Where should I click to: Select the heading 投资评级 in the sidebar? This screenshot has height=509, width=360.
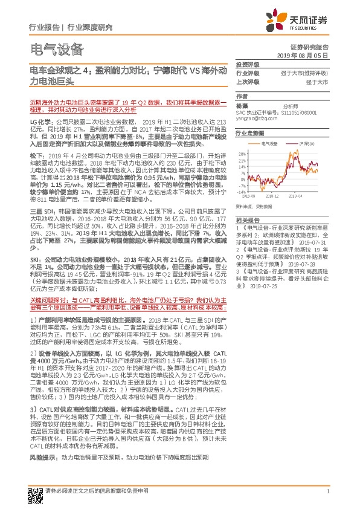click(x=247, y=65)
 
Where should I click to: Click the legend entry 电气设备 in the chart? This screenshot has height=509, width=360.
click(x=270, y=143)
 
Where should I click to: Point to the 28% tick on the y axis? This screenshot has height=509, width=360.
click(x=242, y=154)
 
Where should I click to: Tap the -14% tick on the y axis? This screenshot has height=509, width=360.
click(x=241, y=191)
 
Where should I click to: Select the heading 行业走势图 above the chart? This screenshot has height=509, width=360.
click(x=249, y=131)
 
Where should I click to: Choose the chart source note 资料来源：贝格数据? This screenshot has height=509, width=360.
click(x=256, y=206)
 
